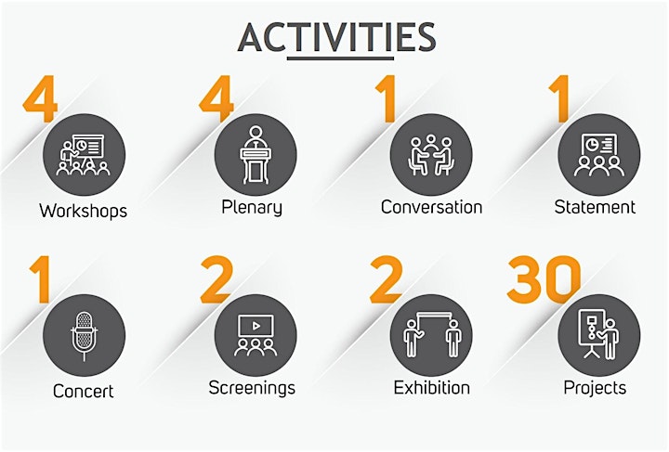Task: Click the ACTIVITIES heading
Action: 336,37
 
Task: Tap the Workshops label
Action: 84,211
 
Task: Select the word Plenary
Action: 252,208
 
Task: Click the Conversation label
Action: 431,207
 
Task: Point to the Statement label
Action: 595,207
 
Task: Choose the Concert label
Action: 84,391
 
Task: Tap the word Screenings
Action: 252,388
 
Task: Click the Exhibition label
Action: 432,388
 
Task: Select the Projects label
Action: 595,388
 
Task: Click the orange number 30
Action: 544,279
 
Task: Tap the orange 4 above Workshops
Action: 40,98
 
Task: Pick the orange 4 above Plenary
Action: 216,98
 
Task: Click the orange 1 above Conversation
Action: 387,98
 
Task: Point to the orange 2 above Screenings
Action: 216,279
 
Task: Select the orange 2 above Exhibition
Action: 387,279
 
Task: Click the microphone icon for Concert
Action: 84,336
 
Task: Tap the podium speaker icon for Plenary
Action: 256,155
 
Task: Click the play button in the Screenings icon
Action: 256,326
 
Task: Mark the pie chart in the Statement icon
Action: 591,145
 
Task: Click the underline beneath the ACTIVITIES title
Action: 340,58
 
